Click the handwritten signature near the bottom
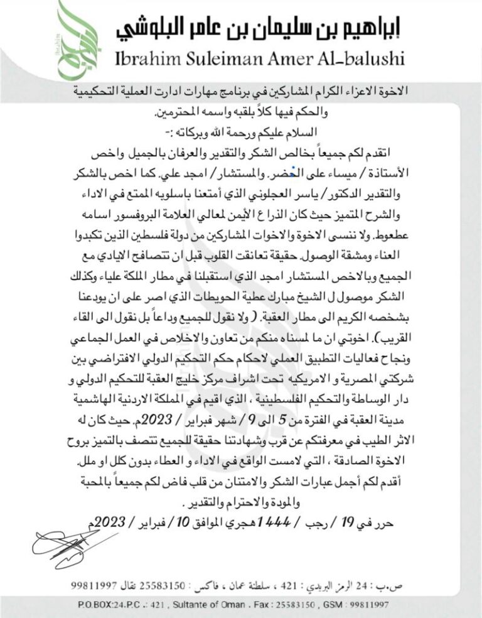(x=70, y=545)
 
